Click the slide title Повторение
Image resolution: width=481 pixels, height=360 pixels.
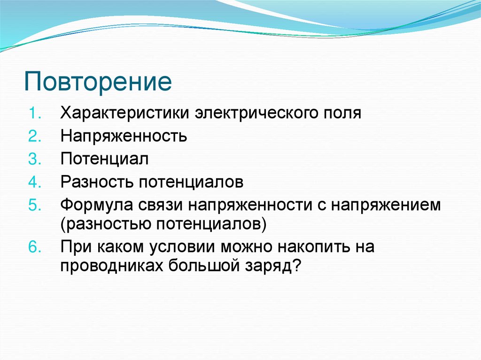point(98,81)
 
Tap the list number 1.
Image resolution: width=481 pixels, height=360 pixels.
point(36,114)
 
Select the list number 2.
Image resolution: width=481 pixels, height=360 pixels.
point(36,137)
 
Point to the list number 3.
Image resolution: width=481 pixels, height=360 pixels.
point(36,159)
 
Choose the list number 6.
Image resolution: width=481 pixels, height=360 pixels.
point(36,246)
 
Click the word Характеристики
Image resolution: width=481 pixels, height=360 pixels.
point(124,114)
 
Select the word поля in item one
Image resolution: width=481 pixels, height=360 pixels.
point(342,114)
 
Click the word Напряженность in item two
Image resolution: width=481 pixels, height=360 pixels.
point(124,137)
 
